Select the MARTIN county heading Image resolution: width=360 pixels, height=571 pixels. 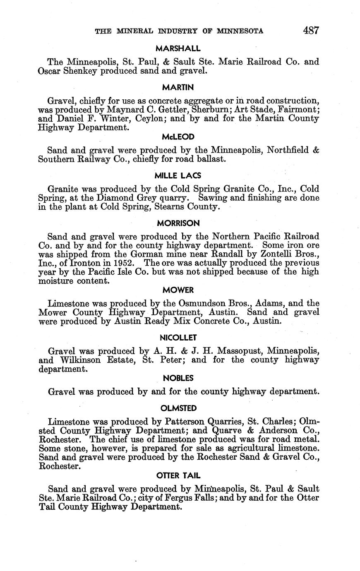coord(178,87)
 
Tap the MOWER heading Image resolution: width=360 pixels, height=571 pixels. coord(178,290)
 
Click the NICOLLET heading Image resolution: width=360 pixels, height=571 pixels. coord(179,338)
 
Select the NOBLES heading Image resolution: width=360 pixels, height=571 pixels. coord(178,378)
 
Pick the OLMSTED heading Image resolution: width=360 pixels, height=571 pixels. coord(178,408)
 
